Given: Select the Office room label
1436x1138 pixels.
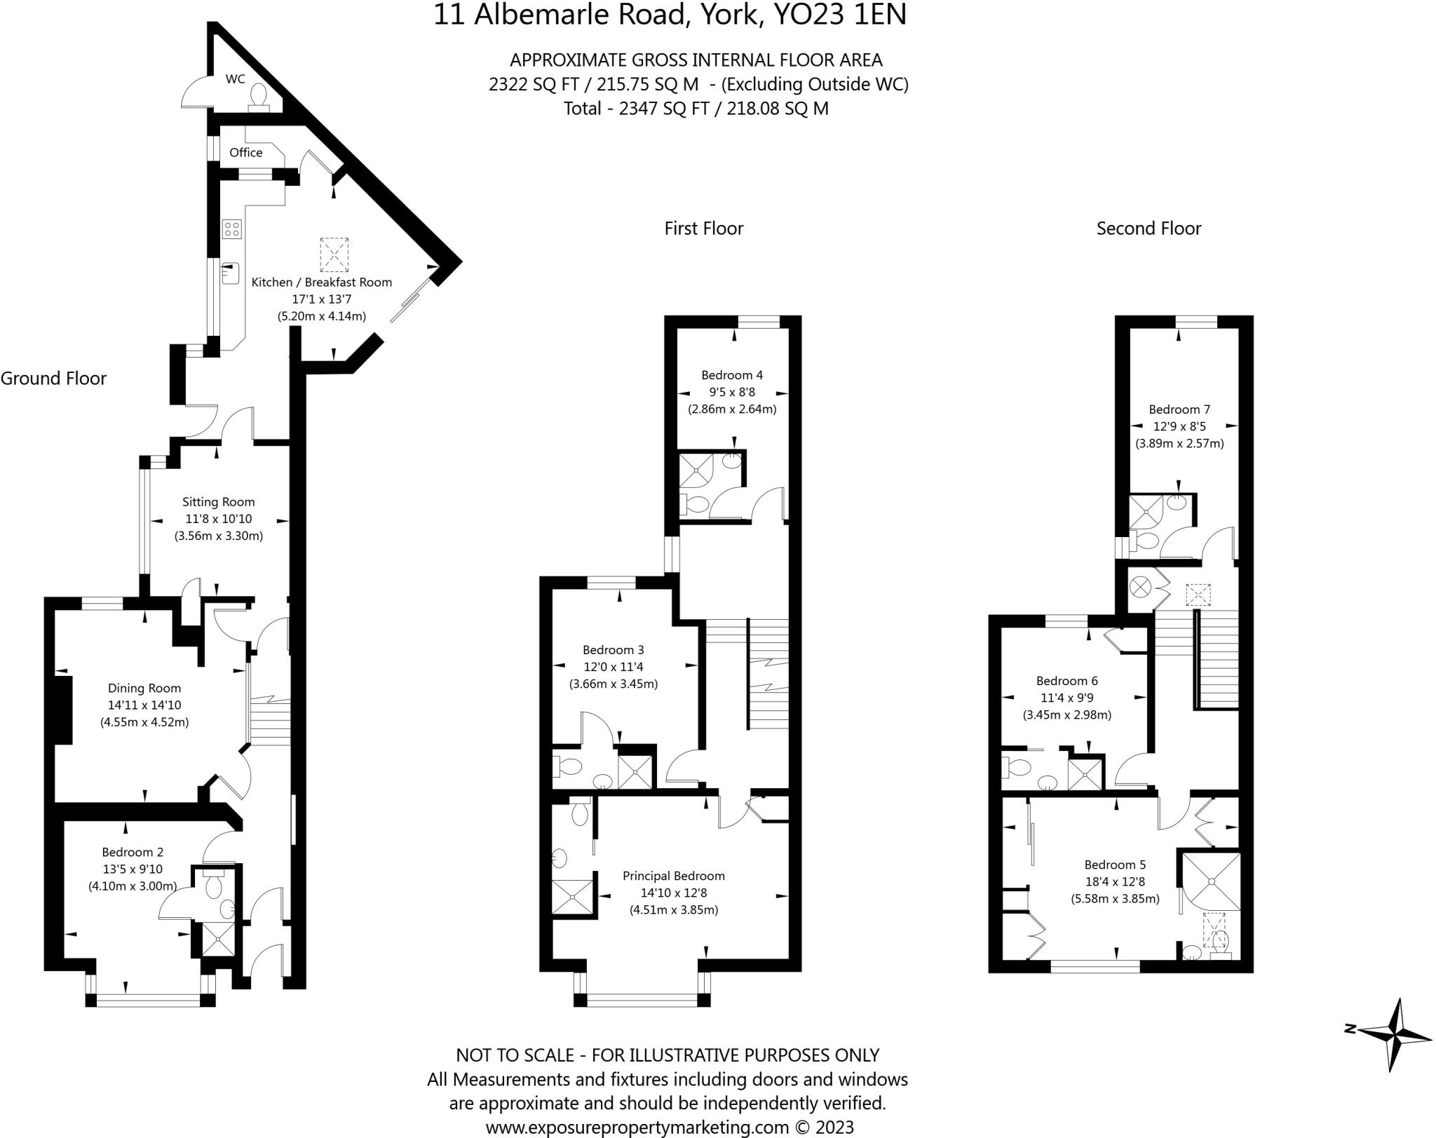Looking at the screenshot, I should click(245, 152).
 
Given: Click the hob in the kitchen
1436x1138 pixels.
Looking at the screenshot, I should click(232, 228).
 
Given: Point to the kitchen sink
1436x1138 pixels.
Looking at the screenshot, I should click(231, 273).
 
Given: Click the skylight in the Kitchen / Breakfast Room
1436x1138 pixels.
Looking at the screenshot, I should click(334, 255).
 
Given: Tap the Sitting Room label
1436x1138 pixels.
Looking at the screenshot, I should click(218, 501).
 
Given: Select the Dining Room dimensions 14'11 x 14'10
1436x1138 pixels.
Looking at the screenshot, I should click(144, 705).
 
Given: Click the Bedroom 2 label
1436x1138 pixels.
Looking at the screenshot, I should click(133, 852).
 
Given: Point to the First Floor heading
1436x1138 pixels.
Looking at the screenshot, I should click(703, 229).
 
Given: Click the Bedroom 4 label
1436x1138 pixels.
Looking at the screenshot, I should click(732, 375).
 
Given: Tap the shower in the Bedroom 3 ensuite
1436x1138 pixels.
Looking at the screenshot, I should click(635, 771).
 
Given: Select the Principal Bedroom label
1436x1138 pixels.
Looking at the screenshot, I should click(673, 876).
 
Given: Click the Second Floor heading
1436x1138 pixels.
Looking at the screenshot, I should click(1149, 229).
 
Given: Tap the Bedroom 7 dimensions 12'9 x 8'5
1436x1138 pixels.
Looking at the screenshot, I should click(1179, 426).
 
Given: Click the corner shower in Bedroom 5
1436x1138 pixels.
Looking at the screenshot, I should click(1211, 881).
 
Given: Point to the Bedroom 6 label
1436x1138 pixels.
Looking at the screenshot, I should click(1066, 680).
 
